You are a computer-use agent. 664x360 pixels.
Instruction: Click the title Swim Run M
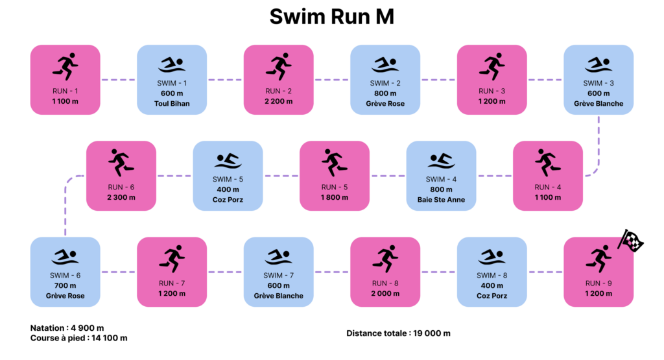click(x=331, y=18)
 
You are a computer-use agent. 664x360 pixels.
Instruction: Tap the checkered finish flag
click(x=630, y=241)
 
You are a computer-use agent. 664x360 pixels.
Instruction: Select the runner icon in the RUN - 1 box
click(x=65, y=67)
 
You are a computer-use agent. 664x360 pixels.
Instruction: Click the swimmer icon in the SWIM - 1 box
click(x=172, y=66)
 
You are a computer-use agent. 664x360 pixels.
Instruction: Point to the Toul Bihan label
click(x=172, y=104)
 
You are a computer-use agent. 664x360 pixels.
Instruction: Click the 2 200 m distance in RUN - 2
click(x=279, y=101)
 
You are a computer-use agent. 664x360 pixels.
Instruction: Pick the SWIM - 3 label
click(x=599, y=83)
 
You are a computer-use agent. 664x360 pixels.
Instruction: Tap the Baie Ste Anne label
click(x=441, y=200)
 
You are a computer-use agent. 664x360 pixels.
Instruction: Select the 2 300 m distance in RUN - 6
click(x=121, y=197)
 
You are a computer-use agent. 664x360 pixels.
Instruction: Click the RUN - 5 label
click(x=335, y=187)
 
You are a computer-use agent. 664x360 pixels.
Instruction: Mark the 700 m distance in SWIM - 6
click(x=65, y=285)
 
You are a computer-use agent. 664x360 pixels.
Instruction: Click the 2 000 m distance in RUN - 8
click(x=385, y=293)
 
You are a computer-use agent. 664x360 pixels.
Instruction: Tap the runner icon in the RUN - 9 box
click(x=598, y=259)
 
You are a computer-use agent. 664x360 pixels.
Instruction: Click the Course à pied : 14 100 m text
click(x=78, y=338)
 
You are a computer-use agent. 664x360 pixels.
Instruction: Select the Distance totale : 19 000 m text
click(x=398, y=333)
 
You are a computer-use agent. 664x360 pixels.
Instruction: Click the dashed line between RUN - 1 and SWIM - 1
click(x=119, y=80)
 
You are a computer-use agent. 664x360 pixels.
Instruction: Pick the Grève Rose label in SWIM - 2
click(x=385, y=104)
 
